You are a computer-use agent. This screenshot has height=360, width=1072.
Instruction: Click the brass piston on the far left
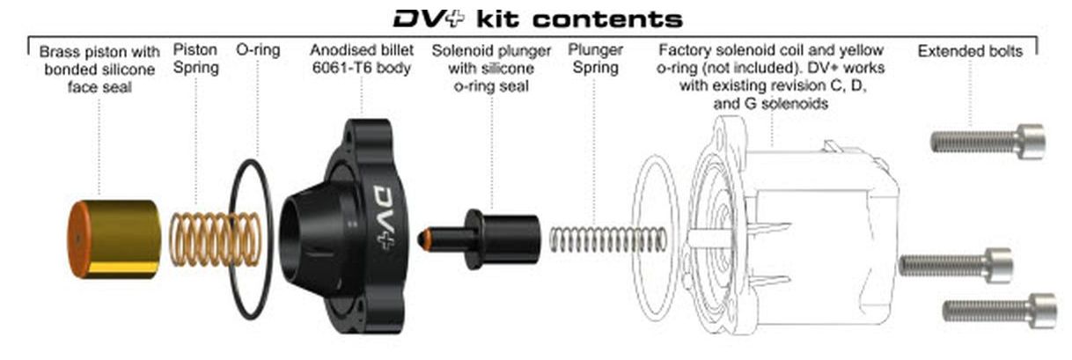[x=119, y=238]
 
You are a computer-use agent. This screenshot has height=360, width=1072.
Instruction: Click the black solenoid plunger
[x=502, y=239]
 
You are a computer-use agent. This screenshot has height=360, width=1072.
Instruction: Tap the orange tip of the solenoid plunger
[x=428, y=239]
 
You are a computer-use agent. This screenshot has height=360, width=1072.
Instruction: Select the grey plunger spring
[x=607, y=239]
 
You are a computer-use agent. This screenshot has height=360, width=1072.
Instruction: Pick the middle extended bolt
[x=955, y=264]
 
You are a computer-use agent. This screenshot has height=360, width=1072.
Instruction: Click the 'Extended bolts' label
[x=970, y=51]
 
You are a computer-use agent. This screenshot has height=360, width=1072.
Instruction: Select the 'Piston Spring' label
[x=195, y=58]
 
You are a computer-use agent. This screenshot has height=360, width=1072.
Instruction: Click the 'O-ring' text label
[x=257, y=50]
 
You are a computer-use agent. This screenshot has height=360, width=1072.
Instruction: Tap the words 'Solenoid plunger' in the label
[x=491, y=51]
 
